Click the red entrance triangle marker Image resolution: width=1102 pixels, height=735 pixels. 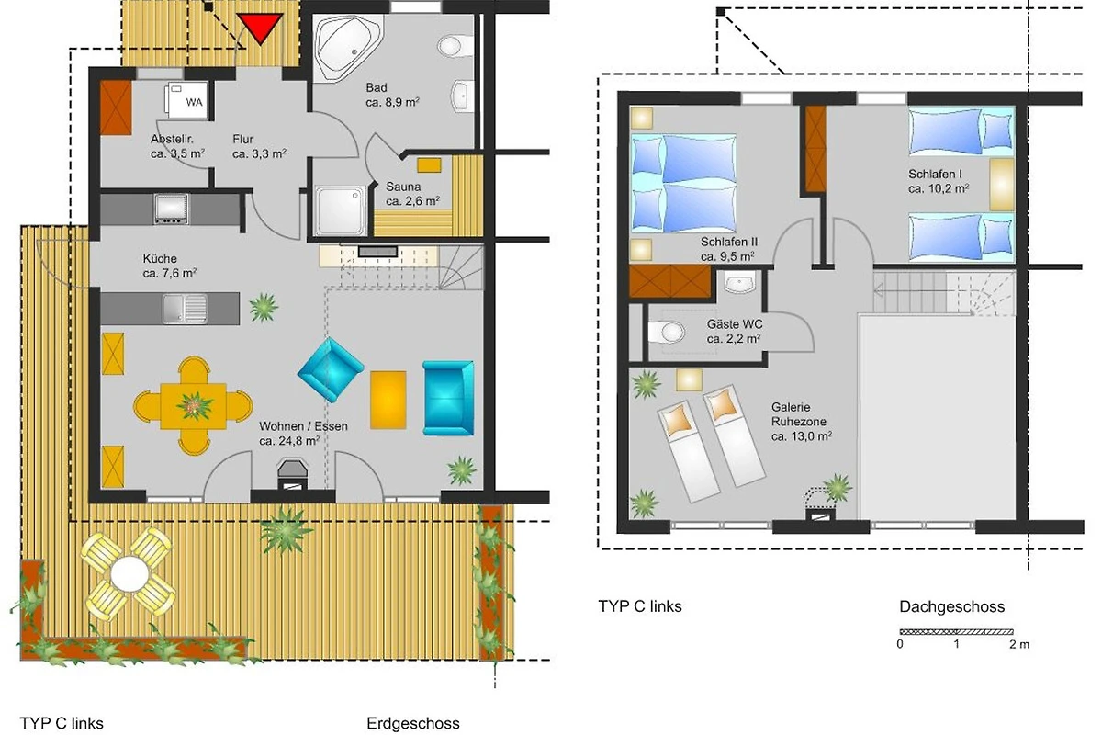pyautogui.click(x=260, y=27)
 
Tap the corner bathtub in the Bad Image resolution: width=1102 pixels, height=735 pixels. pyautogui.click(x=347, y=47)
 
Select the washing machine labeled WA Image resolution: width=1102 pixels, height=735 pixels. pyautogui.click(x=186, y=100)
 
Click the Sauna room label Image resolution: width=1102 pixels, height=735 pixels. pyautogui.click(x=412, y=194)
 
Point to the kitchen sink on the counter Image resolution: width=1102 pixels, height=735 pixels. pyautogui.click(x=185, y=309)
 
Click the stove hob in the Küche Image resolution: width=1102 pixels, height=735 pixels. pyautogui.click(x=171, y=209)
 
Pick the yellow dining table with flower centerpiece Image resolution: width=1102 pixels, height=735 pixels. pyautogui.click(x=194, y=406)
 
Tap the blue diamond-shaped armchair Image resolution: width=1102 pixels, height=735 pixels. pyautogui.click(x=331, y=369)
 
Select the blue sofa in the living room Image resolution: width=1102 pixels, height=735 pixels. pyautogui.click(x=448, y=398)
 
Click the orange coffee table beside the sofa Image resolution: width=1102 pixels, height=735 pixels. pyautogui.click(x=388, y=400)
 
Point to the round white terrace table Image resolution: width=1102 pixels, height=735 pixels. pyautogui.click(x=129, y=574)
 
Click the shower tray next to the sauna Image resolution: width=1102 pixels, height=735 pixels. pyautogui.click(x=340, y=210)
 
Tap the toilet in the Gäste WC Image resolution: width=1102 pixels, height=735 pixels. pyautogui.click(x=666, y=333)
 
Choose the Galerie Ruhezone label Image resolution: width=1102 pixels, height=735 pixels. pyautogui.click(x=802, y=422)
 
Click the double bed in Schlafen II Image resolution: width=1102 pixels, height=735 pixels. pyautogui.click(x=683, y=183)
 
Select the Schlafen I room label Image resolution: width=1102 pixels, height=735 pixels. pyautogui.click(x=939, y=181)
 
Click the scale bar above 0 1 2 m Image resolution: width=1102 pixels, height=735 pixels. pyautogui.click(x=956, y=631)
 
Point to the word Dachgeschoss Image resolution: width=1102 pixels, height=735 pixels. pyautogui.click(x=952, y=606)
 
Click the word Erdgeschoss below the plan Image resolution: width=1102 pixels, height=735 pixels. pyautogui.click(x=413, y=723)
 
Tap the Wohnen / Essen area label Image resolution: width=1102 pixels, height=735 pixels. pyautogui.click(x=303, y=434)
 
